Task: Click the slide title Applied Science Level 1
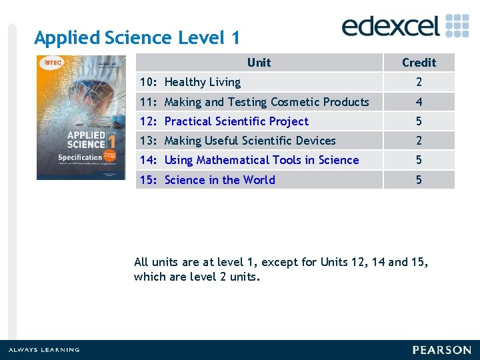tap(137, 38)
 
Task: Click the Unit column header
tap(259, 63)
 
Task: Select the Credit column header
tap(419, 63)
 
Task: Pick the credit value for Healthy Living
tap(419, 82)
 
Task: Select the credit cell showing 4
tap(419, 102)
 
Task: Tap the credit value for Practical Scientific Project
tap(419, 121)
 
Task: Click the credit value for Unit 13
tap(419, 141)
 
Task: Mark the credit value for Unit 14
tap(419, 160)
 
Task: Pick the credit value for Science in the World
tap(419, 180)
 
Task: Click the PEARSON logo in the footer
tap(441, 350)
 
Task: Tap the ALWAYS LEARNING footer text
tap(43, 350)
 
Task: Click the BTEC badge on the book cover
tap(52, 63)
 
